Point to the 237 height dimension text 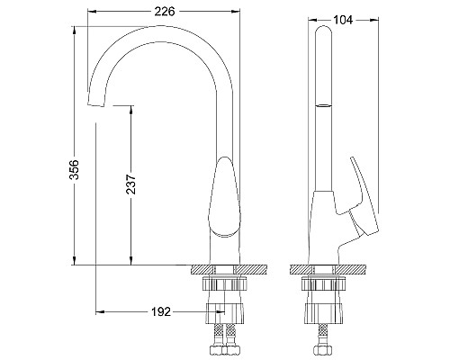coord(131,184)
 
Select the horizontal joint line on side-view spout coord(324,105)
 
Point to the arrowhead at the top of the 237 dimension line coord(131,106)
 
